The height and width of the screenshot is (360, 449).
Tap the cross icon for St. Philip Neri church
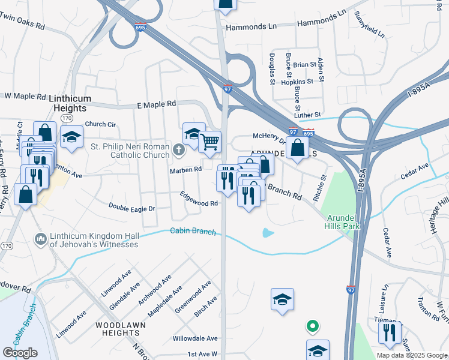[178, 150]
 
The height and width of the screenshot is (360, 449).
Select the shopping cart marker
[209, 142]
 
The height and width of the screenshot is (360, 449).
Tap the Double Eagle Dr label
[131, 207]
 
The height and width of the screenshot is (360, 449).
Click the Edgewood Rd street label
[199, 199]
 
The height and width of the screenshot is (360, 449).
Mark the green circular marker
[312, 327]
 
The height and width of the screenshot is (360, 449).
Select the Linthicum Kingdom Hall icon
[41, 239]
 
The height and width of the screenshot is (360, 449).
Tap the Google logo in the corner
[20, 352]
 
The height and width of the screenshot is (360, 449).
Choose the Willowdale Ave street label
[192, 338]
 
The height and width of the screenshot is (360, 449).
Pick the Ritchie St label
[319, 188]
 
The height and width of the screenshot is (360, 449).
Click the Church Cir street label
[100, 125]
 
